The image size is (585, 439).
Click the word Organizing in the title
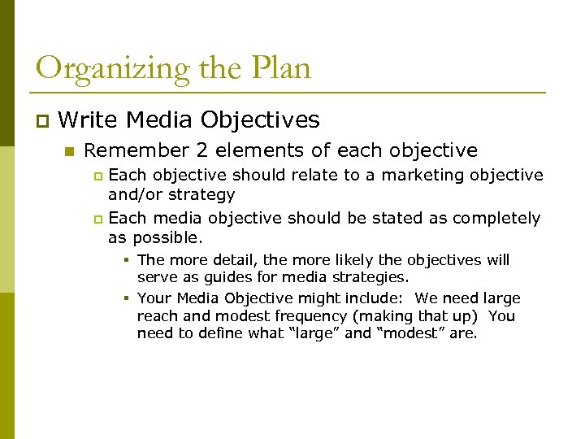101,68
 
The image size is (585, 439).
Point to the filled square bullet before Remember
70,151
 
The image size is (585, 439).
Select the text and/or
136,195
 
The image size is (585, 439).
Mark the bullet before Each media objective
98,219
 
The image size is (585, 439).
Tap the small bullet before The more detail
128,260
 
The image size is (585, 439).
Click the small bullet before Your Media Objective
128,298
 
